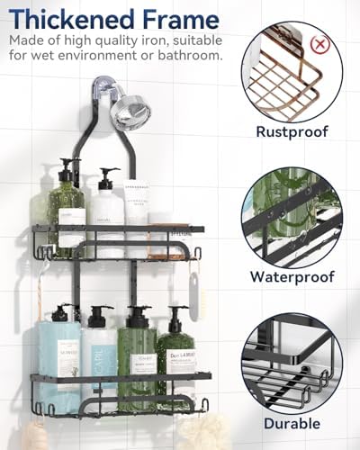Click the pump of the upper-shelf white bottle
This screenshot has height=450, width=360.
108,175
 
